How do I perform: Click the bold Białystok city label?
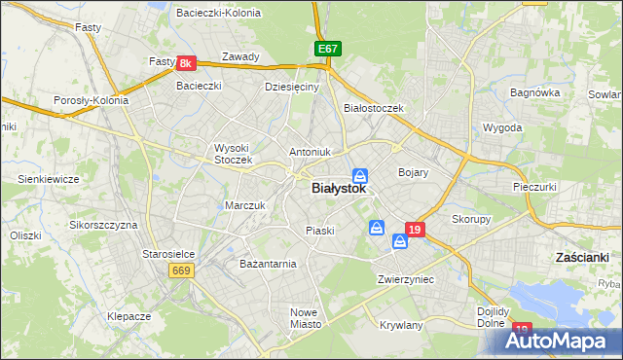[339, 190]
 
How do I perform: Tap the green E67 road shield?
[327, 48]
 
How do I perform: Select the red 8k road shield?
[188, 63]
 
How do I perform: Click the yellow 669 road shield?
[180, 270]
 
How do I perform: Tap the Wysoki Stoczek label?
[233, 154]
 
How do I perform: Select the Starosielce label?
[168, 254]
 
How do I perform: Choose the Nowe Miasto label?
[305, 318]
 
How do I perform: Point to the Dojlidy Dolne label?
[495, 317]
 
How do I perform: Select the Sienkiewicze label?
[48, 179]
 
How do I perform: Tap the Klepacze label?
[128, 317]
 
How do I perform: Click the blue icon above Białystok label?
[360, 175]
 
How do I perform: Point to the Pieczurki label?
[534, 185]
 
